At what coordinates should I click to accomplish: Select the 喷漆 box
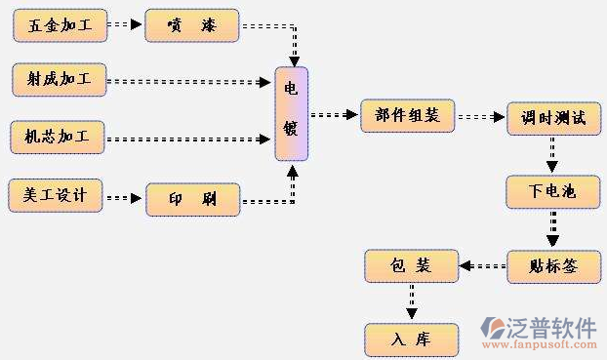(x=192, y=25)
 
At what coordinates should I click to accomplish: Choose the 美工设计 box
(x=55, y=195)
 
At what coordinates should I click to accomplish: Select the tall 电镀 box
(x=291, y=113)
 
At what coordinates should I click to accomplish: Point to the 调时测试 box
(x=552, y=117)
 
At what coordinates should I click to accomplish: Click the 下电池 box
(x=552, y=191)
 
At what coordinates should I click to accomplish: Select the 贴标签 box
(x=552, y=265)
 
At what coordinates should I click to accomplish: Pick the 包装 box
(x=411, y=265)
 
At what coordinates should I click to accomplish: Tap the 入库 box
(x=411, y=338)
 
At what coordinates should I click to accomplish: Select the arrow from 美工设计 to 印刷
(x=124, y=198)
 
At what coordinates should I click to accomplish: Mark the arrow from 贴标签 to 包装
(x=482, y=265)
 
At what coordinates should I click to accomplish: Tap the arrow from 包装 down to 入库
(x=412, y=300)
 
